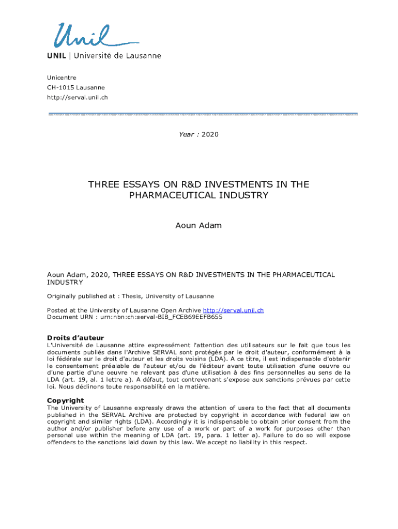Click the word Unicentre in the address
62,77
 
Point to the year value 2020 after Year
210,134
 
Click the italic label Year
186,134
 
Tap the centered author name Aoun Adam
199,226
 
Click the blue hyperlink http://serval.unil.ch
233,310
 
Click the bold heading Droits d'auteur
75,338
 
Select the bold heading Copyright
65,400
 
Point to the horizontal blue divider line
203,114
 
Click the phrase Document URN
65,317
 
